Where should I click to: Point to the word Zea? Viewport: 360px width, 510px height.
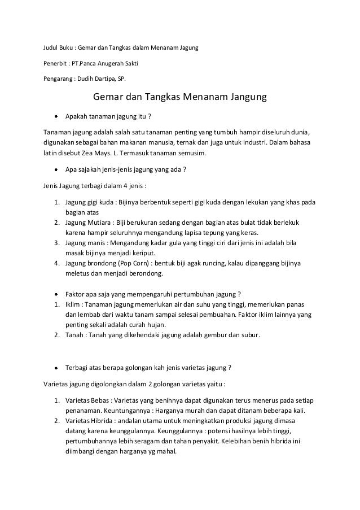103,153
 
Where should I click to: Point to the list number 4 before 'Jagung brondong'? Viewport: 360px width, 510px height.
57,264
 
